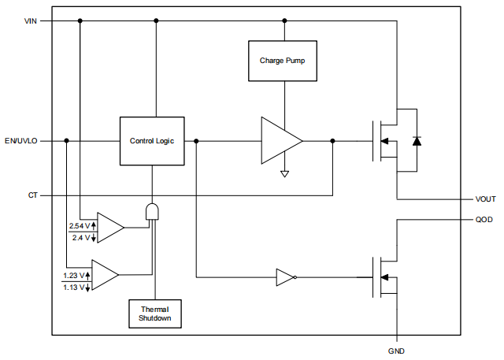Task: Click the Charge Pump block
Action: pos(283,61)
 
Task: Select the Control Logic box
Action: pos(152,141)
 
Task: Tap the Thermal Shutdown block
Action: pos(155,314)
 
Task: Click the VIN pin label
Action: pos(31,21)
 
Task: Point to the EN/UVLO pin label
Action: pos(21,141)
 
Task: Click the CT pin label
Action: pos(33,195)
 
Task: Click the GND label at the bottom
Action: pos(396,350)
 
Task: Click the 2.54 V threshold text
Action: pos(80,226)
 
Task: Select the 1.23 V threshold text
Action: pos(76,275)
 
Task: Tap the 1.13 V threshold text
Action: pos(76,287)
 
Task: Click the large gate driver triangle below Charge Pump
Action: pos(280,141)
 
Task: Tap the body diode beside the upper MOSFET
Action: pos(417,141)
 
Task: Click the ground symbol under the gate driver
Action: pos(284,173)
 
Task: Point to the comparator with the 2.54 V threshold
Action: pos(109,228)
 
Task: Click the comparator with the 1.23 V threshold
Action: pos(104,275)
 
